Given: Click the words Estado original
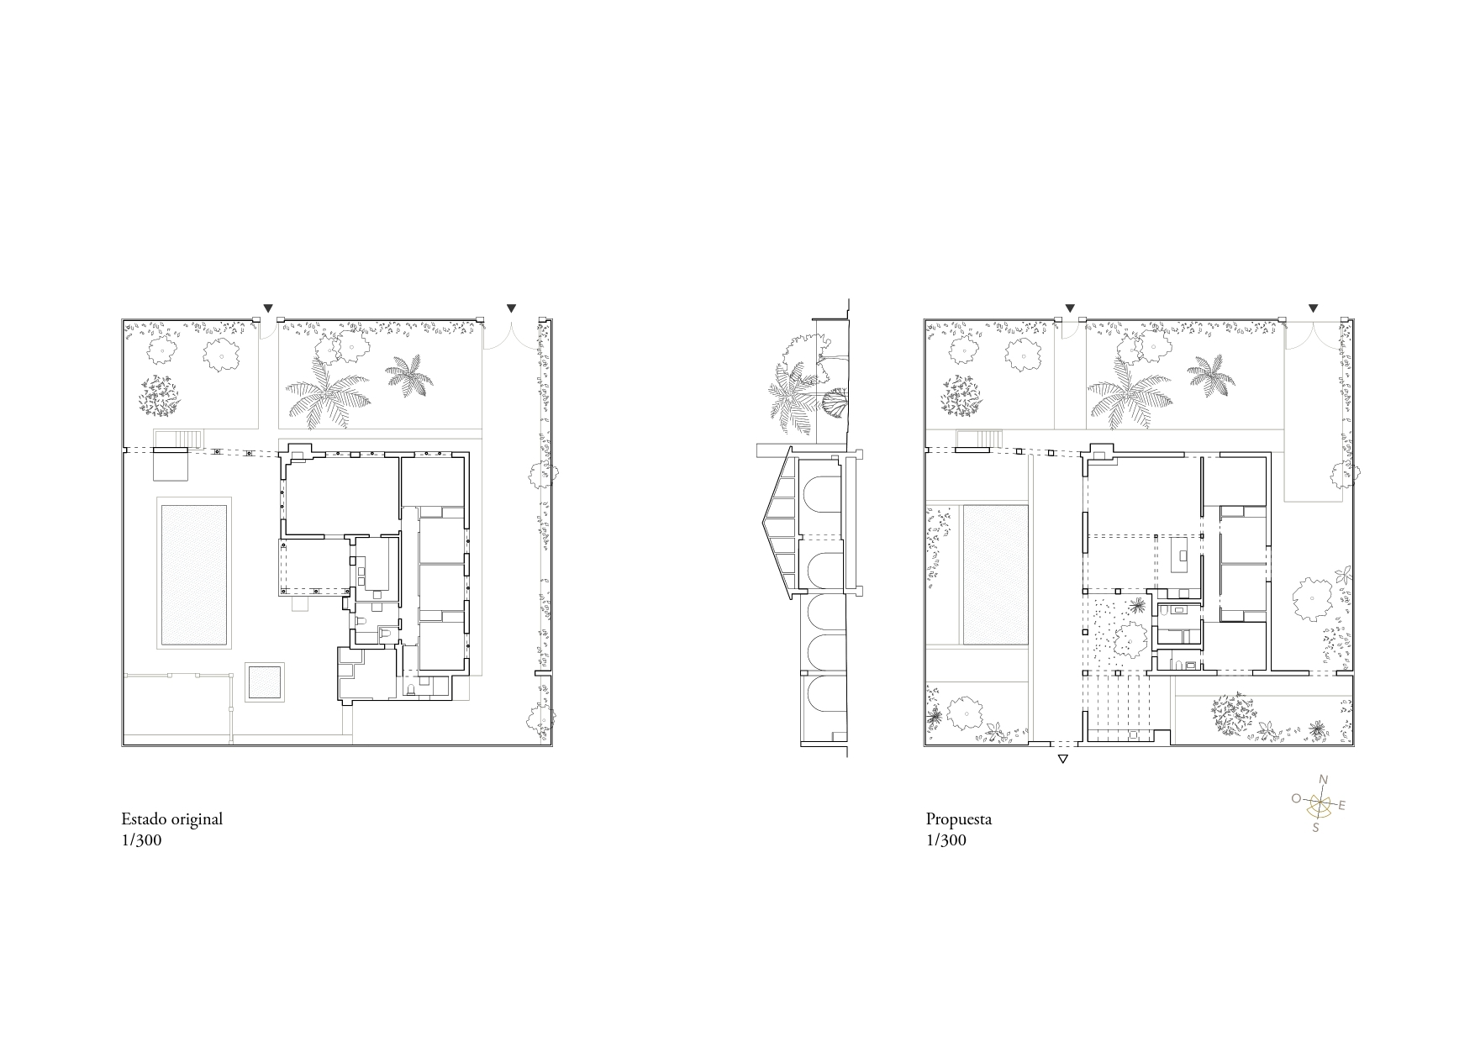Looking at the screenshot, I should point(171,818).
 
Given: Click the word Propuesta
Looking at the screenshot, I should point(958,818).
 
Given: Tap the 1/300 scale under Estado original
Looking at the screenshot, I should point(141,840).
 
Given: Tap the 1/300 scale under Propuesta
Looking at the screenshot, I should point(946,840).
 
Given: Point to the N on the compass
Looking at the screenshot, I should point(1323,780).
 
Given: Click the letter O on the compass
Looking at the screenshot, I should point(1296,798).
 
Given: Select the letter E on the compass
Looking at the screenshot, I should point(1342,806).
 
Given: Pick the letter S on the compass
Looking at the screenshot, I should point(1316,827).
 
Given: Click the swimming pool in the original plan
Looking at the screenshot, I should point(193,573).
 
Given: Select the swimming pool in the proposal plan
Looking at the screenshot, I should point(995,573).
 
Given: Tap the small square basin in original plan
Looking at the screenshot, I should point(265,682).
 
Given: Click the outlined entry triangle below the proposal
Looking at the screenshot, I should point(1062,760).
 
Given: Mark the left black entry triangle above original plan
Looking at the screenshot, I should point(268,308).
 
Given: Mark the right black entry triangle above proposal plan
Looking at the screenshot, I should point(1314,308).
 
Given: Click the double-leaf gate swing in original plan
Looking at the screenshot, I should point(511,336).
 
